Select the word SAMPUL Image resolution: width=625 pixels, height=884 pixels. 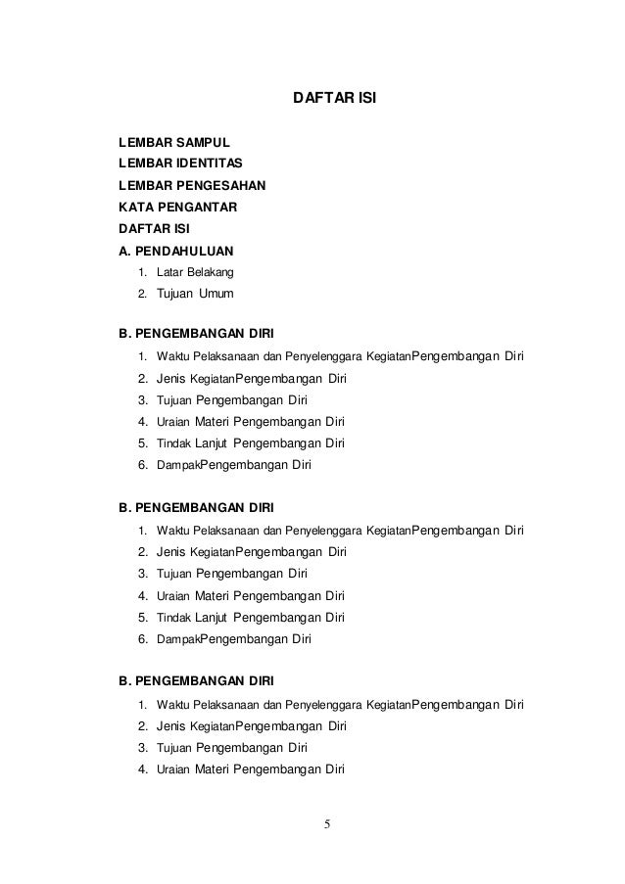[x=199, y=143]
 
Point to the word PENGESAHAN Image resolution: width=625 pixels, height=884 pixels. [x=220, y=184]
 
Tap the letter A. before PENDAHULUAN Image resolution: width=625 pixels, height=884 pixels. [x=124, y=250]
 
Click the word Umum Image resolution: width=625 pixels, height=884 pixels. [x=217, y=293]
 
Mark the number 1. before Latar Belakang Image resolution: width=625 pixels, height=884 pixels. [x=143, y=271]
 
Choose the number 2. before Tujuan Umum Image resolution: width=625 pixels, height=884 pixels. [x=143, y=293]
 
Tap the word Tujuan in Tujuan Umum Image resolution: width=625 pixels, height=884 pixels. [x=177, y=293]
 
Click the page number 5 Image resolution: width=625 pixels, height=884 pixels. [x=329, y=820]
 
